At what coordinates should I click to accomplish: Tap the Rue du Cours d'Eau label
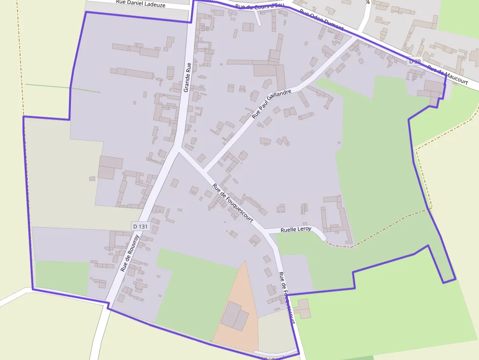click(259, 6)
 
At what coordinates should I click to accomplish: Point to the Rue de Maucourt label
click(447, 75)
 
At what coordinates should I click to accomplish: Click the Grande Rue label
click(187, 77)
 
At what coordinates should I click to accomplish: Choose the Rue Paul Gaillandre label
click(271, 104)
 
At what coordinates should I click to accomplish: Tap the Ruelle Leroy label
click(296, 229)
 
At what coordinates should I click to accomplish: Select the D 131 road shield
click(140, 226)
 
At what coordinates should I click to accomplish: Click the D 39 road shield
click(414, 61)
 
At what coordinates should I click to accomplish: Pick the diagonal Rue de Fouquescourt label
click(233, 203)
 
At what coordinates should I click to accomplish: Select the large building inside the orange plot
click(235, 316)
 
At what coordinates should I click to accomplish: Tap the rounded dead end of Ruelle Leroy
click(322, 236)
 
